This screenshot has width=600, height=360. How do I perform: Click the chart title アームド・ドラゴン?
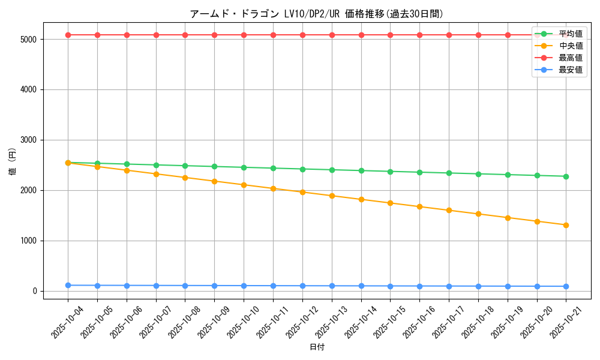(316, 14)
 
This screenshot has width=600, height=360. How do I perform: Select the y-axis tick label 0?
(35, 291)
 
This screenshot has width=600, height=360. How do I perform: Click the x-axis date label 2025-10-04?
(67, 322)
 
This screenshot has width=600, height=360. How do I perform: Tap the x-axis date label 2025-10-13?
(331, 322)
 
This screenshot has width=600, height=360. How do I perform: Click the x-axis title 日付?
(316, 347)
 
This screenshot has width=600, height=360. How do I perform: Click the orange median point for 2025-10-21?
(566, 225)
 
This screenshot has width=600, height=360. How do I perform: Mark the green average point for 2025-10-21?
(566, 176)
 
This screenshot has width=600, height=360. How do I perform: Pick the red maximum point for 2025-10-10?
(244, 35)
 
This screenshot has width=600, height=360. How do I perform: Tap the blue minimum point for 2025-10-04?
(68, 285)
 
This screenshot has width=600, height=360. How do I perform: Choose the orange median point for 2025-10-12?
(302, 192)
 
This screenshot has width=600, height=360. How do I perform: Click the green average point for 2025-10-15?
(390, 172)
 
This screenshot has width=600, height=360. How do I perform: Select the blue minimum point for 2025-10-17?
(449, 286)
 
